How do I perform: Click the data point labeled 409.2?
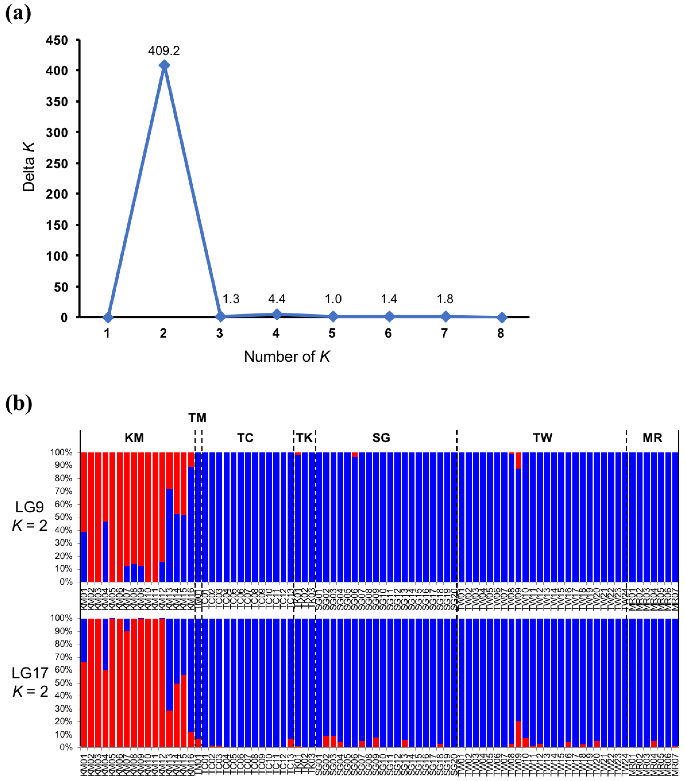click(x=164, y=65)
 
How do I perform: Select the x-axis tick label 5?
click(x=332, y=333)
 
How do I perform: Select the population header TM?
click(x=197, y=418)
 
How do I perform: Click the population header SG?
click(x=381, y=438)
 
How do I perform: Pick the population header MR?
click(x=652, y=438)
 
